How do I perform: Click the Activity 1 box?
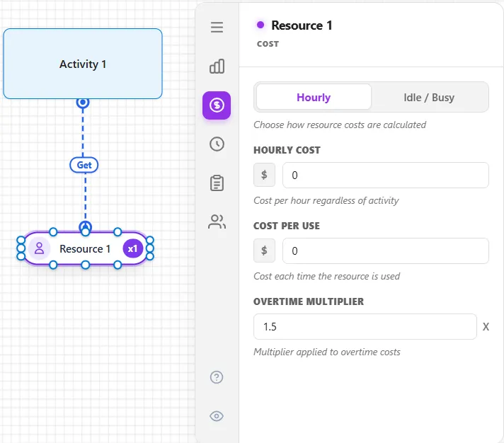tap(83, 64)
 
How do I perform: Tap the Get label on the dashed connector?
tap(84, 165)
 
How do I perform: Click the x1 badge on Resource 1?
tap(133, 248)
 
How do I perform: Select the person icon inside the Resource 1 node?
tap(39, 248)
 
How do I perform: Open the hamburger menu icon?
tap(217, 27)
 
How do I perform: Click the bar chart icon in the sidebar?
tap(217, 67)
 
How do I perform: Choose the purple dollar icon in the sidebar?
tap(217, 105)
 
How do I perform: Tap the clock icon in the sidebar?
tap(217, 144)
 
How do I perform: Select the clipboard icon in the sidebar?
tap(217, 183)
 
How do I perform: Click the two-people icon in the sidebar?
tap(217, 221)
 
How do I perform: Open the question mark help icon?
tap(217, 377)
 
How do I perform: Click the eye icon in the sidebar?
tap(217, 416)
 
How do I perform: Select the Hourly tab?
tap(314, 97)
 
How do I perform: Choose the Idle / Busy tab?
tap(429, 97)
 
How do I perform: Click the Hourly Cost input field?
tap(386, 175)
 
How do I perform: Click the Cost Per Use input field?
tap(386, 251)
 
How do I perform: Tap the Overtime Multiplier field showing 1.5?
tap(365, 327)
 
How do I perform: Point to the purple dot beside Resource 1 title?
tap(260, 25)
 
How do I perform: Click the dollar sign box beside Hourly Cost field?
tap(264, 175)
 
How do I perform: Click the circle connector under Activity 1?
tap(83, 103)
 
